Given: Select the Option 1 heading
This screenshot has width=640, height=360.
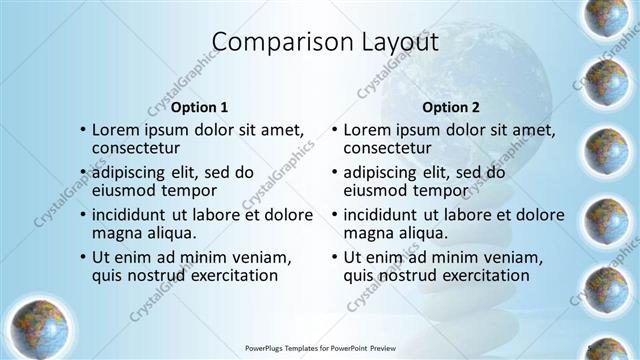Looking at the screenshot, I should pos(200,107).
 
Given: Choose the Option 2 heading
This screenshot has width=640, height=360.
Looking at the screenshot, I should pos(451,107).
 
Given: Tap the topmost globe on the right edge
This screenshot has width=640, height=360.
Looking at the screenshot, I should pos(606,18).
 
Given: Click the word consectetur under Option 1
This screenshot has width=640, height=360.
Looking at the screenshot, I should pos(136,148).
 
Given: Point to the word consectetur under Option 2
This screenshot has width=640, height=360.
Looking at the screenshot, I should pos(388,148).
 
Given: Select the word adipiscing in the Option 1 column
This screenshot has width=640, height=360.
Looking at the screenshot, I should pos(136,172).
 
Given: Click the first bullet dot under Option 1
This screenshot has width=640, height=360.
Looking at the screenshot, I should pos(82,130).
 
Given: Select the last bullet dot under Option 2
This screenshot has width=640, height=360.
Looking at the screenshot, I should pos(334,257).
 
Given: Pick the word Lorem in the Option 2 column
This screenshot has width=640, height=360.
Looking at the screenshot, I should pos(368,130).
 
